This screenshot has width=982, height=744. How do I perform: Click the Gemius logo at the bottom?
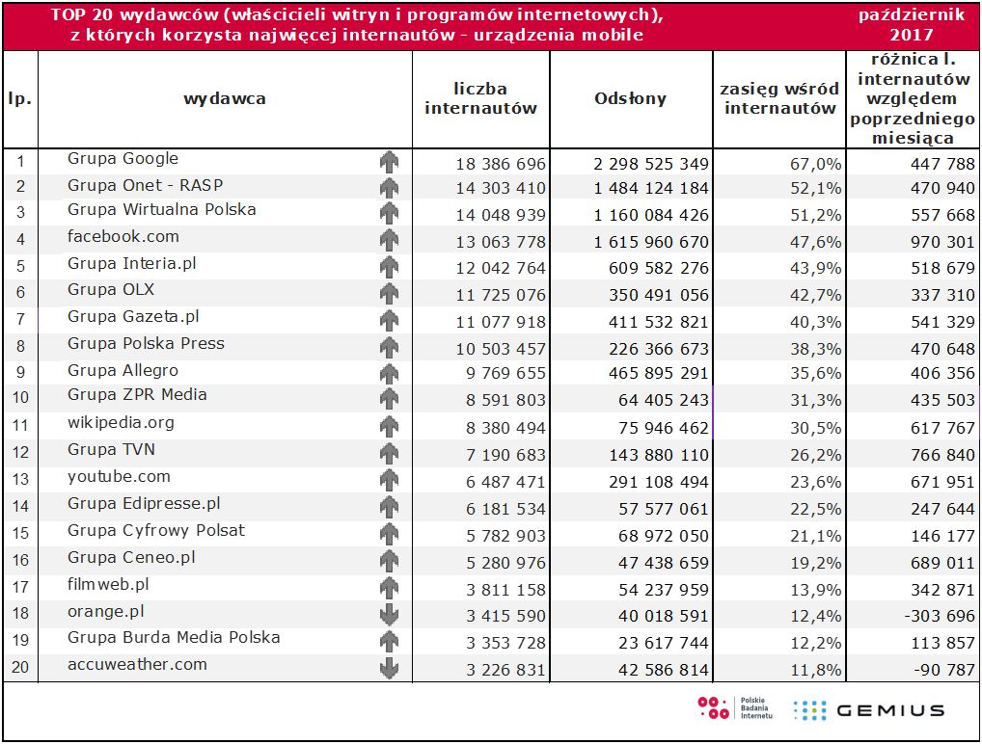coord(868,710)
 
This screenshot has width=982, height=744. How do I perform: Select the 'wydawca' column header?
coord(225,98)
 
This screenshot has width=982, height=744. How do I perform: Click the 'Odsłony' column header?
coord(630,98)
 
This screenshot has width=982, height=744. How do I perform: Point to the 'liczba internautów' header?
coord(480,98)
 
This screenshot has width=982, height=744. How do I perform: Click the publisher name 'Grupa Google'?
coord(123,159)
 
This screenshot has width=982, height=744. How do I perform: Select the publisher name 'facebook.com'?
coord(123,237)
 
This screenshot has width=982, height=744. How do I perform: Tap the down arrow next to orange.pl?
coord(389,614)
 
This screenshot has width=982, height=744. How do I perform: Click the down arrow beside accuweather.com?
coord(389,667)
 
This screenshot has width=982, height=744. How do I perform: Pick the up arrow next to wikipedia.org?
coord(389,426)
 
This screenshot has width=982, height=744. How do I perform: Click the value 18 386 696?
coord(501,164)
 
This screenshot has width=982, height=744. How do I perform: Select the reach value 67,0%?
coord(816,164)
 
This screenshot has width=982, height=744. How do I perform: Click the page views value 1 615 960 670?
coord(651,242)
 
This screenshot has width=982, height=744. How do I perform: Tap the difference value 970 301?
coord(942,242)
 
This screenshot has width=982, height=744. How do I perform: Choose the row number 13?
coord(20,479)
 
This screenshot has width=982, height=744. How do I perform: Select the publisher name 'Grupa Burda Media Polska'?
coord(174,638)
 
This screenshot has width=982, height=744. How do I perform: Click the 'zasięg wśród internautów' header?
coord(779,98)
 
